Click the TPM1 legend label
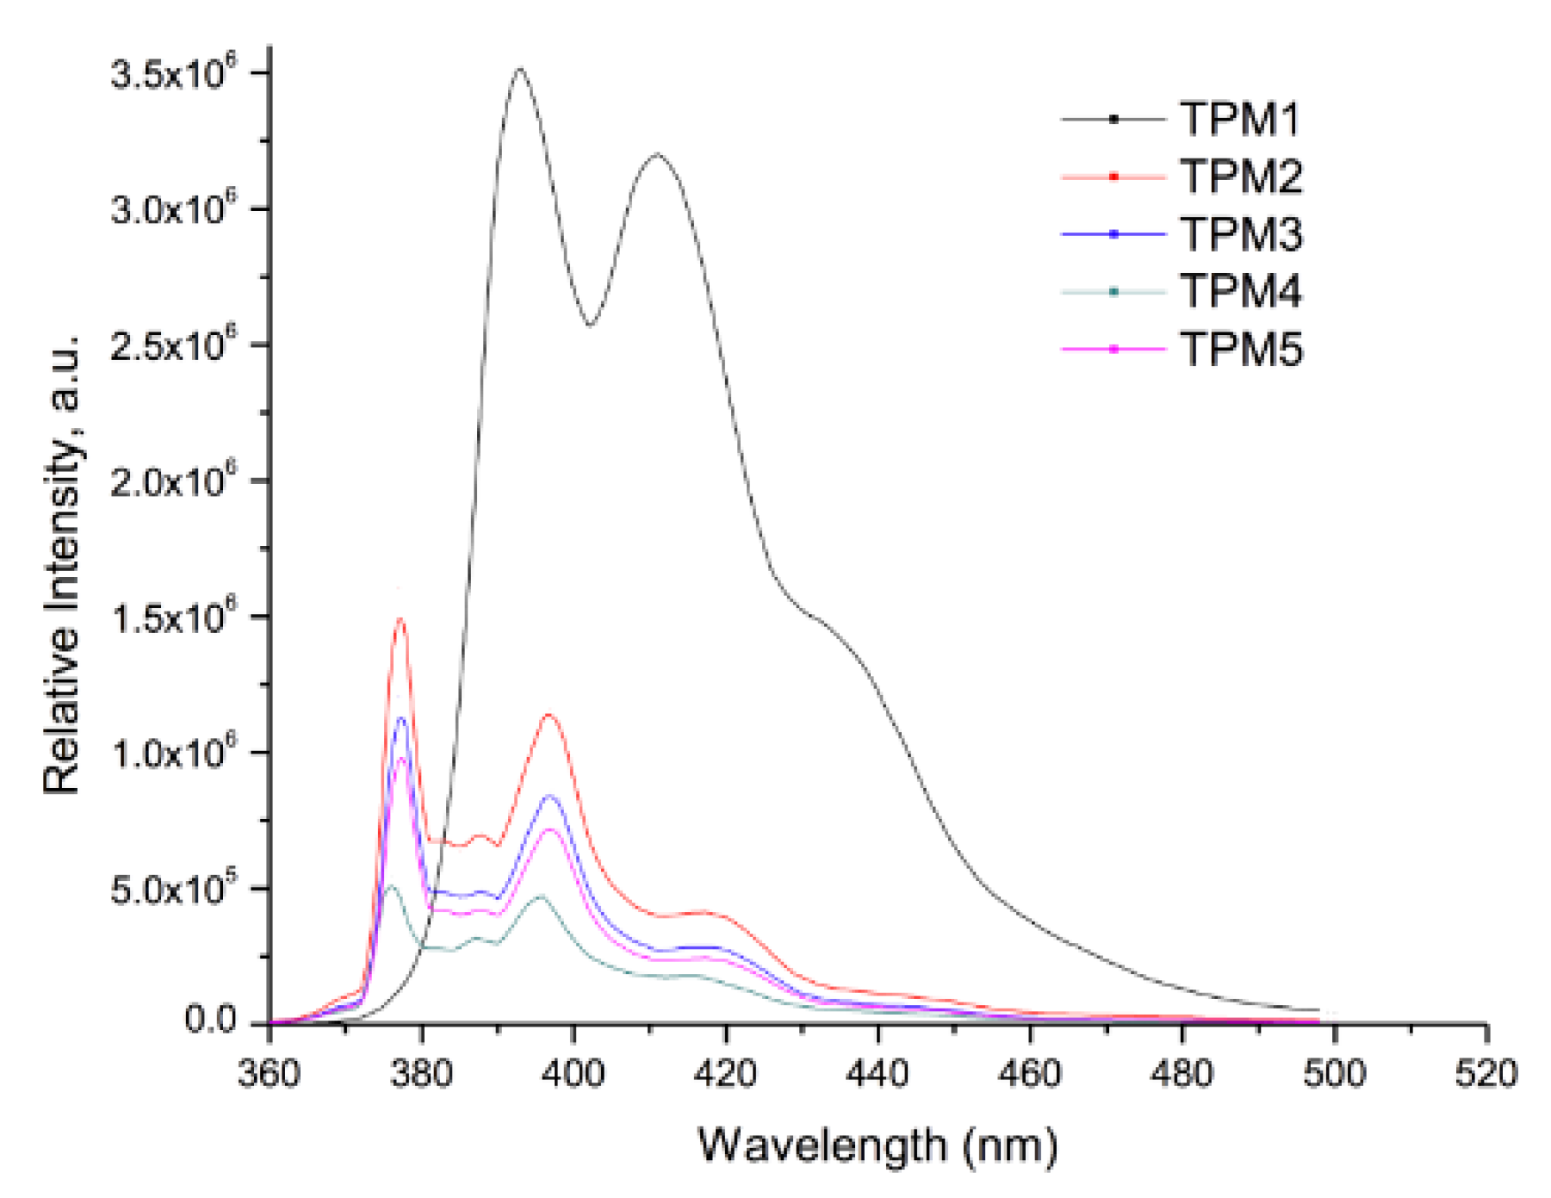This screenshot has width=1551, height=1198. pyautogui.click(x=1239, y=119)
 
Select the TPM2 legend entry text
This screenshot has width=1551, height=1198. pyautogui.click(x=1241, y=177)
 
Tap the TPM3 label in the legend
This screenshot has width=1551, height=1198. pyautogui.click(x=1241, y=234)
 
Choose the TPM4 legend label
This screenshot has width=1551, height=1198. pyautogui.click(x=1241, y=291)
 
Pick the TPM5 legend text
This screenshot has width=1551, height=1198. pyautogui.click(x=1241, y=349)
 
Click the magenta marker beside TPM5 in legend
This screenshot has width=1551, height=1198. pyautogui.click(x=1114, y=349)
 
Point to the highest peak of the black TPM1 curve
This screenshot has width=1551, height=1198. pyautogui.click(x=519, y=70)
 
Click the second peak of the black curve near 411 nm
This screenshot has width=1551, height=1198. pyautogui.click(x=658, y=155)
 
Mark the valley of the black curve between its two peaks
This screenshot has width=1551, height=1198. pyautogui.click(x=590, y=325)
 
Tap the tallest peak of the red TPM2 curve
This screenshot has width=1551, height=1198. pyautogui.click(x=400, y=619)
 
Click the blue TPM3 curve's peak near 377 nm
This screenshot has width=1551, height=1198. pyautogui.click(x=401, y=718)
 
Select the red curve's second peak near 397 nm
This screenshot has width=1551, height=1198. pyautogui.click(x=549, y=715)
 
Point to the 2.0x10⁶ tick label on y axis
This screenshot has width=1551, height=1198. pyautogui.click(x=173, y=481)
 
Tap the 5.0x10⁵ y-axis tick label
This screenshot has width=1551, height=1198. pyautogui.click(x=173, y=889)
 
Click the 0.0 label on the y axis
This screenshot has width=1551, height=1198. pyautogui.click(x=210, y=1021)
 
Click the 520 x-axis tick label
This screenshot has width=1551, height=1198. pyautogui.click(x=1486, y=1074)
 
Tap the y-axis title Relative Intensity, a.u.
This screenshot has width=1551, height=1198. pyautogui.click(x=62, y=564)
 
